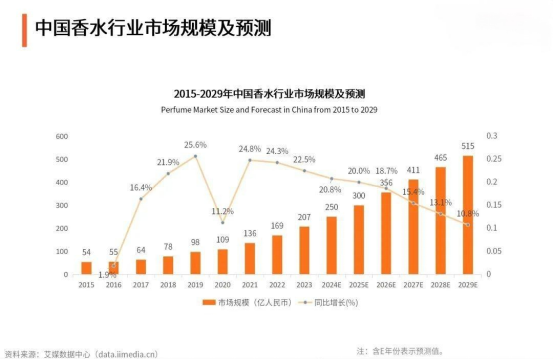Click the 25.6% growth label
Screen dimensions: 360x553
[195, 145]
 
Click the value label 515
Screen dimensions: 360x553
[468, 146]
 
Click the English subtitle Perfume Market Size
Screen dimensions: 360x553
[274, 107]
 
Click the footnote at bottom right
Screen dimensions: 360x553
[400, 350]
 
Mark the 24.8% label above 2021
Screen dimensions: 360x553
[249, 149]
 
